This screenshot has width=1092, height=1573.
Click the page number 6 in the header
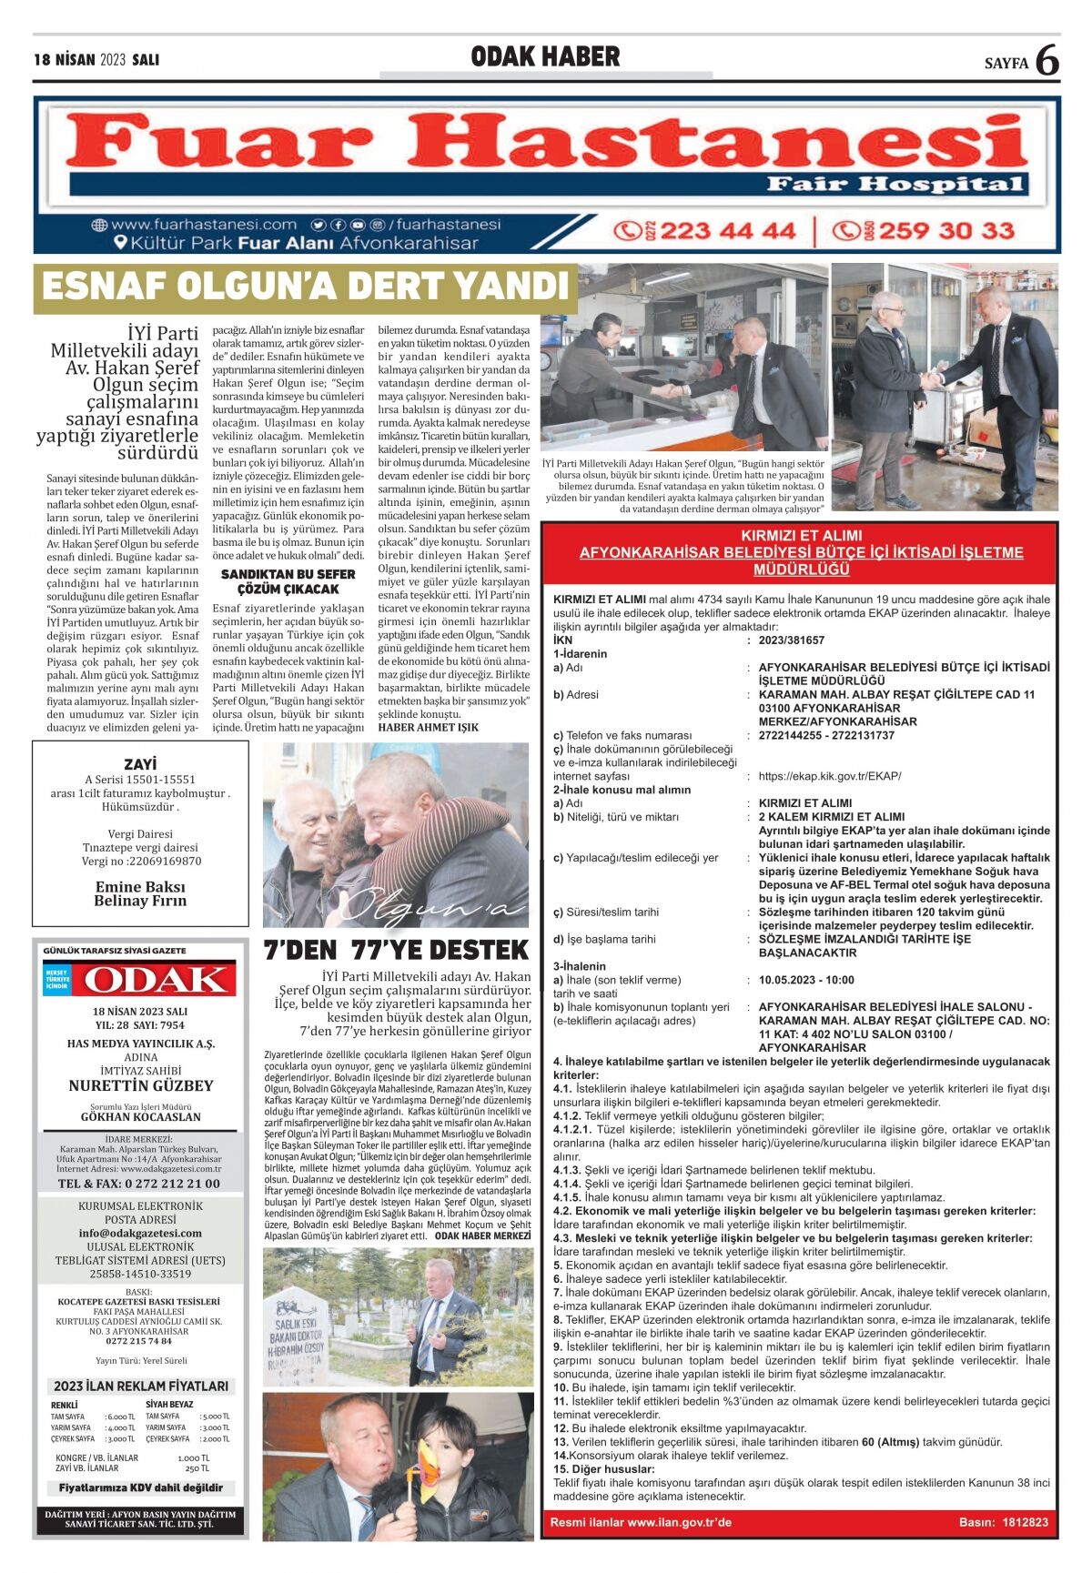click(1047, 60)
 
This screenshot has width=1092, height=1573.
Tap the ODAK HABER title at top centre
click(545, 57)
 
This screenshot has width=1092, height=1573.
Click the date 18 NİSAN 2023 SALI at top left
click(96, 60)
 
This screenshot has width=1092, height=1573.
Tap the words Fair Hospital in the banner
click(896, 185)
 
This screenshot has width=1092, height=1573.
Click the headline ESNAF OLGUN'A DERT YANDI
click(305, 287)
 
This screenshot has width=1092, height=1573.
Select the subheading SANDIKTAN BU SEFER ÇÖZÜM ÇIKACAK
click(288, 581)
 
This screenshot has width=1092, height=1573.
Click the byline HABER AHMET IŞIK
click(428, 727)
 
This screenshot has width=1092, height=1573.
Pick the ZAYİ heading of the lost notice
click(140, 764)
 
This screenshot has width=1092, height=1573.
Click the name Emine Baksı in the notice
click(140, 886)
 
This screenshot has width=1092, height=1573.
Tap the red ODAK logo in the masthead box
click(153, 980)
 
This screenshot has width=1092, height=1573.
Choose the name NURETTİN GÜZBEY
click(140, 1085)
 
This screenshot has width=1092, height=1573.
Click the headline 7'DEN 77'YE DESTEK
click(396, 950)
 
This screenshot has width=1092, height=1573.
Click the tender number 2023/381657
click(791, 640)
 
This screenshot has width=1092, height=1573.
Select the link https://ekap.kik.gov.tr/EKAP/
click(829, 776)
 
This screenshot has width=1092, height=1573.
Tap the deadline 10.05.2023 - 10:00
click(806, 980)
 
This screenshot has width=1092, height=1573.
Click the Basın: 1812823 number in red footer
click(1003, 1522)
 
